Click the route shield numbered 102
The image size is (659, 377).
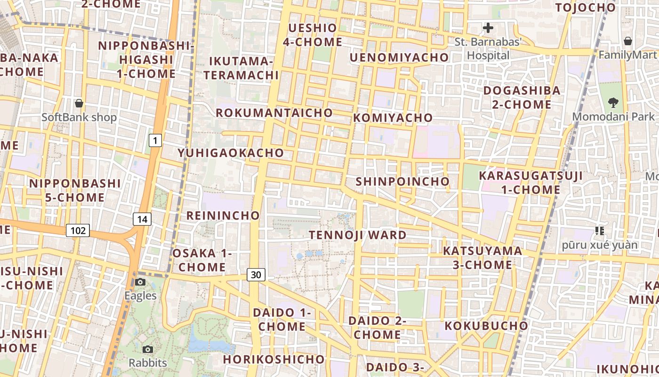(78, 230)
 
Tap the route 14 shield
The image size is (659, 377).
(142, 219)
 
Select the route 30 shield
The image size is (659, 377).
(256, 274)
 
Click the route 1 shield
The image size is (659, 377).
(155, 140)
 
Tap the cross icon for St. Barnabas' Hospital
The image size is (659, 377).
(488, 28)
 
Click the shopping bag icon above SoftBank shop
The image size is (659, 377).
(79, 103)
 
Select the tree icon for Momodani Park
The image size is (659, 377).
(613, 102)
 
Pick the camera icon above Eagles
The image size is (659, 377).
(140, 282)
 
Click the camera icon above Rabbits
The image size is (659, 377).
(148, 349)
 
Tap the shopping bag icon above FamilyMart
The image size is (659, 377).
(627, 41)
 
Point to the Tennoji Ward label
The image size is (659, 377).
(358, 235)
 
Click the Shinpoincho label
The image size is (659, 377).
(402, 181)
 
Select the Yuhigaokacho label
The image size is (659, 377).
(231, 153)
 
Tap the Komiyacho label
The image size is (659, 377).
(393, 117)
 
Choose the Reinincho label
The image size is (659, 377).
(223, 215)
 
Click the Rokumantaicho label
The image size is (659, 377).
(274, 113)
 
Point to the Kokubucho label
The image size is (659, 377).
(486, 326)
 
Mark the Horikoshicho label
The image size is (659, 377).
(274, 359)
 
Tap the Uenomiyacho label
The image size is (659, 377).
(399, 57)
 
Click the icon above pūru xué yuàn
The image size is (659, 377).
(600, 230)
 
